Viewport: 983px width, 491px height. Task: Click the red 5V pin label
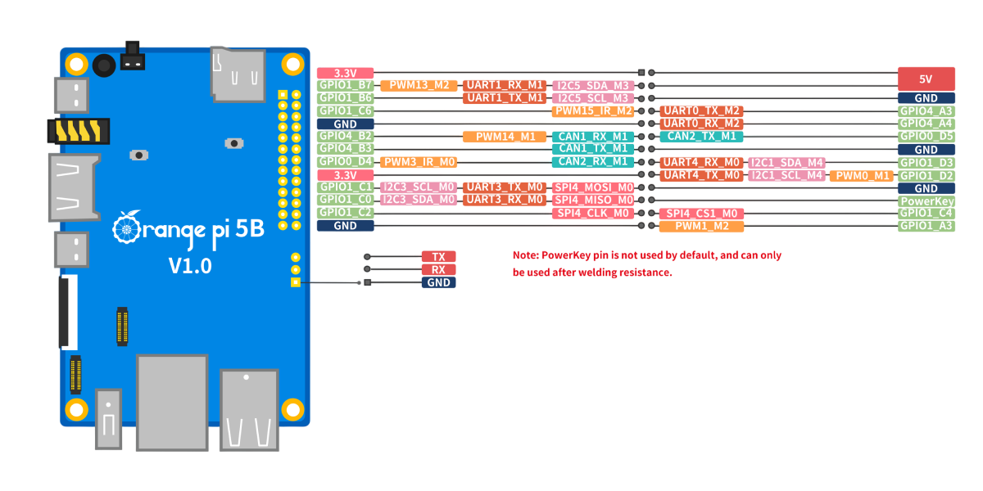(x=926, y=79)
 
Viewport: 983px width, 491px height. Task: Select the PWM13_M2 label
(x=419, y=85)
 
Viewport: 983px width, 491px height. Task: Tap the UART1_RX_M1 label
(x=505, y=85)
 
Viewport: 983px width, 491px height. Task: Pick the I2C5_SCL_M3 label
(x=593, y=98)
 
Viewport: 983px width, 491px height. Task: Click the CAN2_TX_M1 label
(x=701, y=137)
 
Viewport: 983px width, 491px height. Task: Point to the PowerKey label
(x=926, y=201)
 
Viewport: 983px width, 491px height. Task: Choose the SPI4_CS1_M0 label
(x=701, y=214)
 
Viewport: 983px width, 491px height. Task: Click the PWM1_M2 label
(x=701, y=226)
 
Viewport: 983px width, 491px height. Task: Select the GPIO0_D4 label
(x=346, y=162)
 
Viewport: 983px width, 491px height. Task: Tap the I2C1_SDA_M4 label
(x=786, y=163)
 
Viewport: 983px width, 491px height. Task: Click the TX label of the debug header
(x=438, y=256)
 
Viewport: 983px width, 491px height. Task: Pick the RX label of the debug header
(x=438, y=269)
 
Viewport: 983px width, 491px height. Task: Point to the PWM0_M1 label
(x=862, y=176)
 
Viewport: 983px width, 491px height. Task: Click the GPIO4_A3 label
(x=926, y=111)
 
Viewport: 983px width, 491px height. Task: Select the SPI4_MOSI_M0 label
(x=593, y=187)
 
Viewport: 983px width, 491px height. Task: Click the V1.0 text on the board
(x=190, y=266)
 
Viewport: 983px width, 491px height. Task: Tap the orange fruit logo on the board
(x=127, y=227)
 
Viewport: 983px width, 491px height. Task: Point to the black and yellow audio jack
(x=79, y=131)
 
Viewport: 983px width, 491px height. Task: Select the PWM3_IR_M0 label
(x=419, y=162)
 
